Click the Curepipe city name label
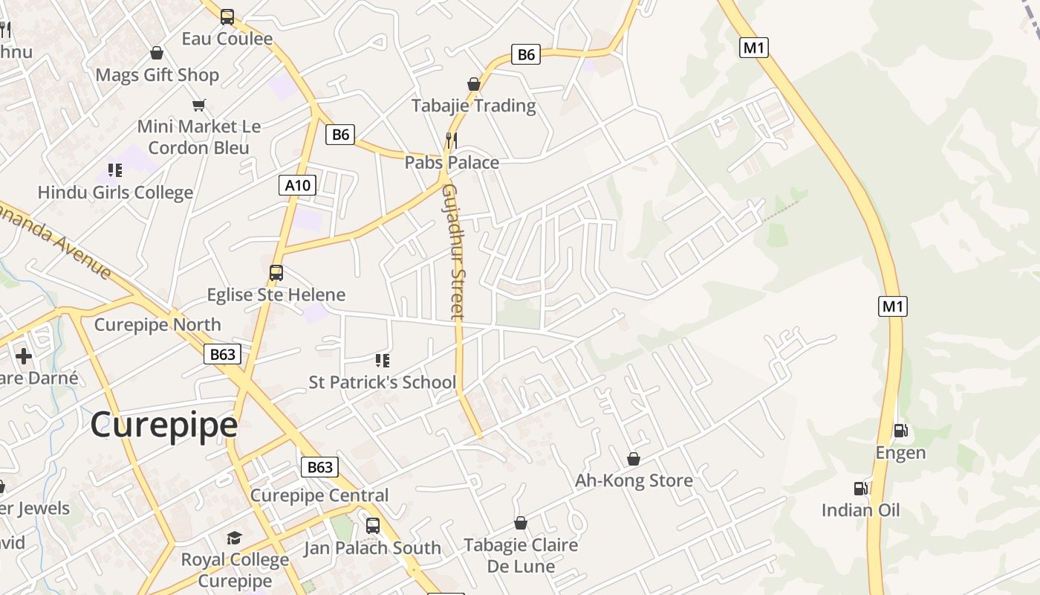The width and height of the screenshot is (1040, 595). (x=164, y=425)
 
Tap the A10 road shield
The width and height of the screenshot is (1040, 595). (x=298, y=184)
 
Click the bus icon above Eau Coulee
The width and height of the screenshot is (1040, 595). (x=227, y=16)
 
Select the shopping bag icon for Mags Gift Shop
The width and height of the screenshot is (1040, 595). (x=157, y=53)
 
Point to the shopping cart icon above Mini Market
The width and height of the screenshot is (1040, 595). (x=198, y=105)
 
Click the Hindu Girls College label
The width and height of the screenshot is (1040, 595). (x=115, y=193)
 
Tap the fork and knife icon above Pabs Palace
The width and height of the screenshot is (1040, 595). (x=451, y=139)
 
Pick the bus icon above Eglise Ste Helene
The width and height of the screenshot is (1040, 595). (x=276, y=273)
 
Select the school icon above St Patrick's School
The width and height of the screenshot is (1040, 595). (x=383, y=361)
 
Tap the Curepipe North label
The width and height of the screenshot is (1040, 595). (x=157, y=325)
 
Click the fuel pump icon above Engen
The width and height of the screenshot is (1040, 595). (x=900, y=430)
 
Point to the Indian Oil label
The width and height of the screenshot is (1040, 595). (x=860, y=510)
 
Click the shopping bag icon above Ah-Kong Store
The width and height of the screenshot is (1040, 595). (x=634, y=459)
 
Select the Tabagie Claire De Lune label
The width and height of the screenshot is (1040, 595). (x=521, y=556)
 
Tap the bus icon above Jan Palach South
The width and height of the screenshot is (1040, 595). (x=373, y=526)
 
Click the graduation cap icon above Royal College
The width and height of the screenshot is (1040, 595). (x=235, y=538)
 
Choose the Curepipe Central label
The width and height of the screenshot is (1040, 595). (x=319, y=495)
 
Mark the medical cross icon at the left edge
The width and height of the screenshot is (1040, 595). (x=24, y=356)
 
